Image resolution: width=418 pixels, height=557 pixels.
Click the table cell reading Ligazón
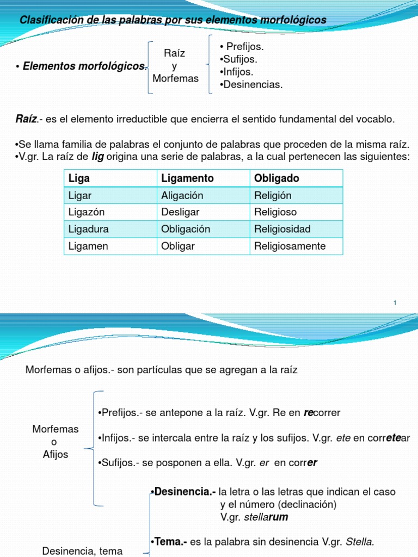(x=110, y=212)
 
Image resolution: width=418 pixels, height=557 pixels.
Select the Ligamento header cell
(x=204, y=178)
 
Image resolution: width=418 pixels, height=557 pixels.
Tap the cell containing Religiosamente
(x=297, y=246)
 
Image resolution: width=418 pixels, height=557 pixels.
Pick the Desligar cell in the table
(x=204, y=212)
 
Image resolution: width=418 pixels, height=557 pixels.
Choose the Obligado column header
(x=297, y=178)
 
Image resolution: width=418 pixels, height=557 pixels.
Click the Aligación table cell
(x=204, y=195)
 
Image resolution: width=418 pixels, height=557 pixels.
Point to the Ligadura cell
(x=110, y=229)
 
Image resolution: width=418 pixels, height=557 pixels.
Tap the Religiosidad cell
(x=297, y=229)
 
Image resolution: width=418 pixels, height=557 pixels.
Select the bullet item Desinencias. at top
(x=251, y=84)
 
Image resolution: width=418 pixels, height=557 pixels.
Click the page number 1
(x=395, y=302)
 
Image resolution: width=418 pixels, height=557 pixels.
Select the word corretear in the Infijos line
(x=390, y=438)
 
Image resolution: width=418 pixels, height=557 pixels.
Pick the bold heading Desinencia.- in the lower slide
(x=185, y=492)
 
